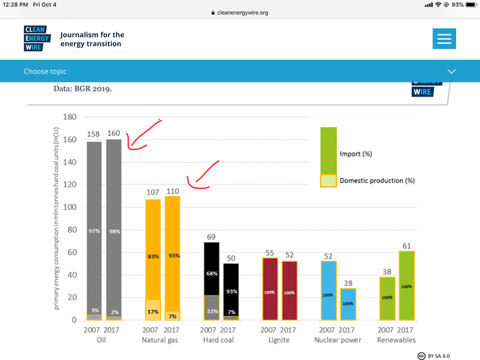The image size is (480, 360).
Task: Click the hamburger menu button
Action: pyautogui.click(x=444, y=38)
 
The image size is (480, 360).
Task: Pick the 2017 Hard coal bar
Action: pyautogui.click(x=231, y=291)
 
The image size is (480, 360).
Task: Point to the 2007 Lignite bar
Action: pyautogui.click(x=270, y=289)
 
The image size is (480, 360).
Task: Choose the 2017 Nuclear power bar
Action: pyautogui.click(x=348, y=304)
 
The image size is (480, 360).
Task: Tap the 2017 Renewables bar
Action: pyautogui.click(x=407, y=285)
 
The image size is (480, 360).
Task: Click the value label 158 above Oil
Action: pyautogui.click(x=94, y=134)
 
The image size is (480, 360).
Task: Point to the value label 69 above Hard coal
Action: pyautogui.click(x=211, y=237)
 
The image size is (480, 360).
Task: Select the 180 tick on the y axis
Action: pyautogui.click(x=69, y=117)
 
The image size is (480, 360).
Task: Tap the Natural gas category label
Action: pyautogui.click(x=160, y=340)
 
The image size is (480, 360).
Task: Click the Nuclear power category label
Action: pyautogui.click(x=337, y=340)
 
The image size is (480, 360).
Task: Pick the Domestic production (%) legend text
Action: pyautogui.click(x=377, y=181)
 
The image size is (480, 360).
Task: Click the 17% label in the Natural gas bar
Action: pyautogui.click(x=153, y=311)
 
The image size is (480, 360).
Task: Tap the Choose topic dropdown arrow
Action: pyautogui.click(x=451, y=71)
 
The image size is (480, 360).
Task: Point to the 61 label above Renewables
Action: pyautogui.click(x=407, y=245)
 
